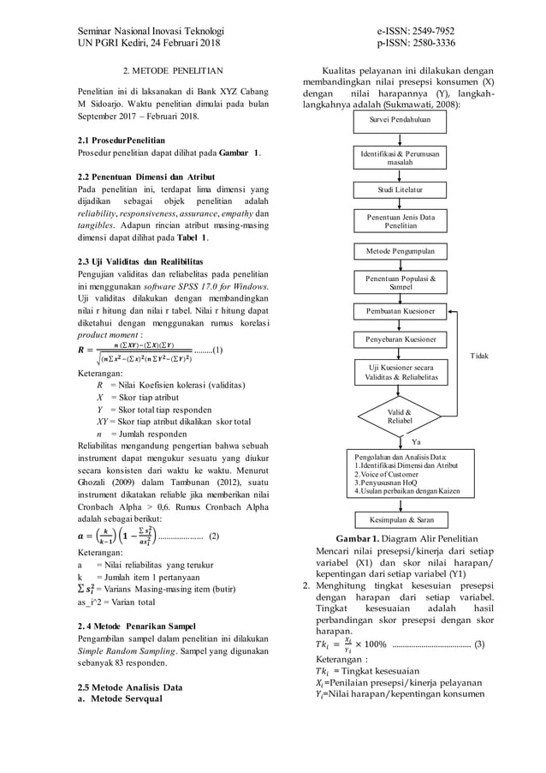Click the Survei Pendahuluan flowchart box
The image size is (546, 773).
pos(400,120)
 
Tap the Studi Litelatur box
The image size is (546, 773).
pos(400,188)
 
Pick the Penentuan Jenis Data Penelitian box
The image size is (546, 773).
pos(400,220)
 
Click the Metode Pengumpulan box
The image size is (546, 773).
pos(400,251)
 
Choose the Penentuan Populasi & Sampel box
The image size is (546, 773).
pos(400,283)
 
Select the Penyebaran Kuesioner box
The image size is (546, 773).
pos(400,339)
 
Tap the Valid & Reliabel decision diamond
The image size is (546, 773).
pos(400,416)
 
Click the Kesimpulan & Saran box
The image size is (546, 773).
pos(400,519)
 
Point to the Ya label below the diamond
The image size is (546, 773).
pos(417,442)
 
